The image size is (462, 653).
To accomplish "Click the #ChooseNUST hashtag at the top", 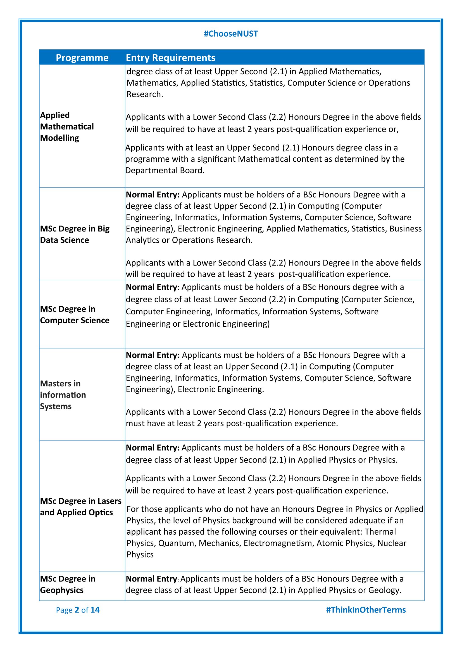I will click(x=231, y=34).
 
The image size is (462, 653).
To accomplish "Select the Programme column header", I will click(x=82, y=58).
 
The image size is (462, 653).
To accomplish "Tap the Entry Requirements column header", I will click(x=170, y=58).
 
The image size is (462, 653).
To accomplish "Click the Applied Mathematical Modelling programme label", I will click(x=67, y=126).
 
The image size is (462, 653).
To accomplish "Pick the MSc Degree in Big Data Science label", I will click(x=75, y=234).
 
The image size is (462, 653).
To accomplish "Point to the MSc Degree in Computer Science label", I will click(x=75, y=315).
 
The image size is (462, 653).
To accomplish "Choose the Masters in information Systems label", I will click(x=63, y=395).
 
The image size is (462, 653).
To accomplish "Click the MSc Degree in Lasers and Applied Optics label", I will click(x=80, y=506).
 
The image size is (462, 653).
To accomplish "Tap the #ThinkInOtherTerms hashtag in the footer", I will click(x=366, y=610).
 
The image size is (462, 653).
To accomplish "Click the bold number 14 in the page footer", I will click(x=95, y=610).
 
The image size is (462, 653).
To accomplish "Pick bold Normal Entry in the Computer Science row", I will click(x=153, y=287).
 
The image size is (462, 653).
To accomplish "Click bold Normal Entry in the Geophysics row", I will click(x=152, y=579).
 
